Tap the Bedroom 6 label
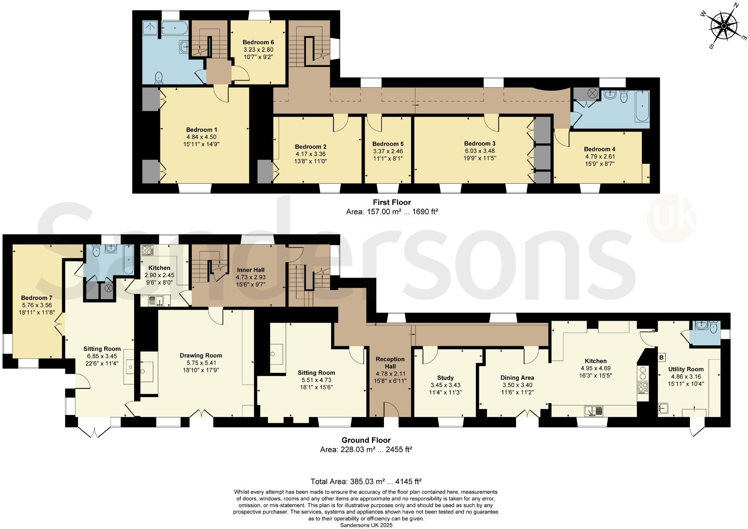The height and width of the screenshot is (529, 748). click(258, 42)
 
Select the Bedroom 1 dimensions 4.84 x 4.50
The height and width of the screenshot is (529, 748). click(202, 137)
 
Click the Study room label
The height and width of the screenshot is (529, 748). click(445, 378)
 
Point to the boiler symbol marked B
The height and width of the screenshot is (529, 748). click(661, 357)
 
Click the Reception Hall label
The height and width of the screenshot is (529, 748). click(390, 362)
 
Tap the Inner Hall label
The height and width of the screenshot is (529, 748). click(251, 270)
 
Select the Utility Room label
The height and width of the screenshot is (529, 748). click(686, 369)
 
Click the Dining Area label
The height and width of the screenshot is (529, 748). click(517, 378)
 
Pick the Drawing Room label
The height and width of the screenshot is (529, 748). click(201, 355)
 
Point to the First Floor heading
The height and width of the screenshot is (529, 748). click(392, 202)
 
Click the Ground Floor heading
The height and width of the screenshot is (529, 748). click(366, 440)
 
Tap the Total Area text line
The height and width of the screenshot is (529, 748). click(366, 481)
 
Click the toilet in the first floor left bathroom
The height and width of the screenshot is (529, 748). click(159, 77)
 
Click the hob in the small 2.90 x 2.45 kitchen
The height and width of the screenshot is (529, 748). click(148, 250)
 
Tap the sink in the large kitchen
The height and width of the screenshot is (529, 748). click(594, 411)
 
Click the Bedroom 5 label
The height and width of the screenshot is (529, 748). click(388, 144)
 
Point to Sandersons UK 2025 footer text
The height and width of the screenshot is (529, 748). click(366, 525)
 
